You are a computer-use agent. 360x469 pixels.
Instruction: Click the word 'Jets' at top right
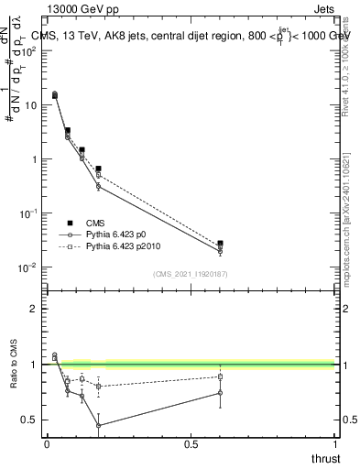(325, 10)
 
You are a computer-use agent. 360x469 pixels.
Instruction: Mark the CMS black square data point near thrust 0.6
(220, 244)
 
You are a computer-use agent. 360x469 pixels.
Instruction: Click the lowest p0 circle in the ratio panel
(98, 425)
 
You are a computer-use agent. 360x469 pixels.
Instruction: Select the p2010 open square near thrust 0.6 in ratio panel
(220, 376)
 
